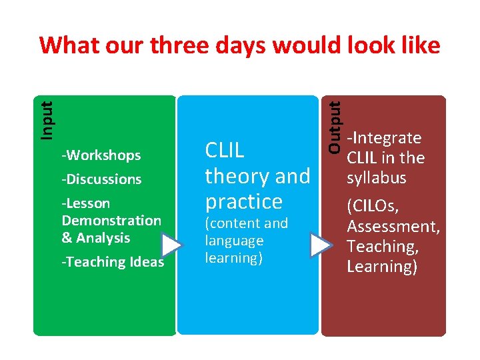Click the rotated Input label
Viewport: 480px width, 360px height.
45,120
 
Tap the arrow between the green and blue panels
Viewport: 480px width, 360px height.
171,245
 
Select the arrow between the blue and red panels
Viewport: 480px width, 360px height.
321,245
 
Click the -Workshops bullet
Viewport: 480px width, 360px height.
101,155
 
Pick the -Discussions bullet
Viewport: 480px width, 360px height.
101,179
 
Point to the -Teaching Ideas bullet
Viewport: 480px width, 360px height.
112,262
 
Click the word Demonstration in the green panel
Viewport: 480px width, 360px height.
111,221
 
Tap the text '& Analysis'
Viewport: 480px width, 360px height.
96,238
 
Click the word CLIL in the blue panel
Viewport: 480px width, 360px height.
225,151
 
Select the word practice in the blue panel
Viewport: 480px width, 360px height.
244,201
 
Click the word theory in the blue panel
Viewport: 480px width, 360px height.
231,177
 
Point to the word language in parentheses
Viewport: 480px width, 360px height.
234,241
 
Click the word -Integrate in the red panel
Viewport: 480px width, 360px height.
384,138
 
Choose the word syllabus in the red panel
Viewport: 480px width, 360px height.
376,178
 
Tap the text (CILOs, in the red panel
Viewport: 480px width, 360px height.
373,207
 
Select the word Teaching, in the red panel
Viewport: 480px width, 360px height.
383,247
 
